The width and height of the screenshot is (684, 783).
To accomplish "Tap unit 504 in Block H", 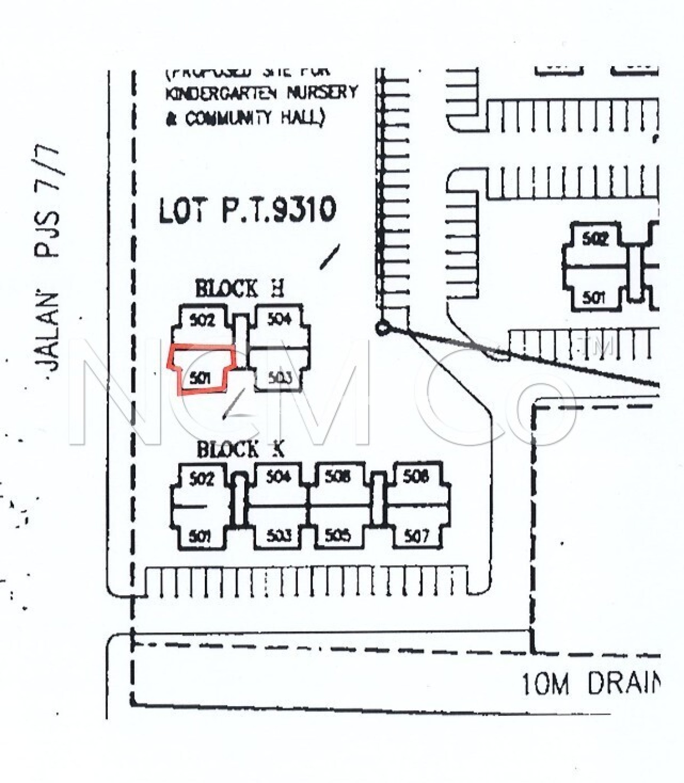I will [279, 319].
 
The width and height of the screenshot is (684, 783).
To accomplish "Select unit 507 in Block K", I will [417, 537].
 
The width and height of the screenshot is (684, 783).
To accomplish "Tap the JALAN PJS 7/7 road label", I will [50, 260].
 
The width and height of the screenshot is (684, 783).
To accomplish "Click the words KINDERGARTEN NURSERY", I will [262, 93].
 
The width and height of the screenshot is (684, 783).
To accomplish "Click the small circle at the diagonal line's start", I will [382, 328].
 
